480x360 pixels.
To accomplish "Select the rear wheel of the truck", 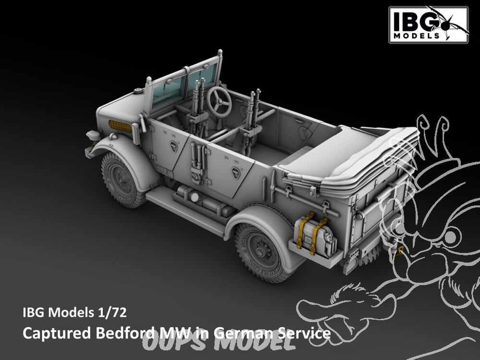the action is click(261, 251).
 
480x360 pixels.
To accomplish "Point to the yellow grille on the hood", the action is click(120, 126).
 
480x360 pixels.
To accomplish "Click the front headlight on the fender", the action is click(92, 136).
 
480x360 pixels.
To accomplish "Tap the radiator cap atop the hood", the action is click(139, 90).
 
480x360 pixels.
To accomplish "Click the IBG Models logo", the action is click(429, 24).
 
